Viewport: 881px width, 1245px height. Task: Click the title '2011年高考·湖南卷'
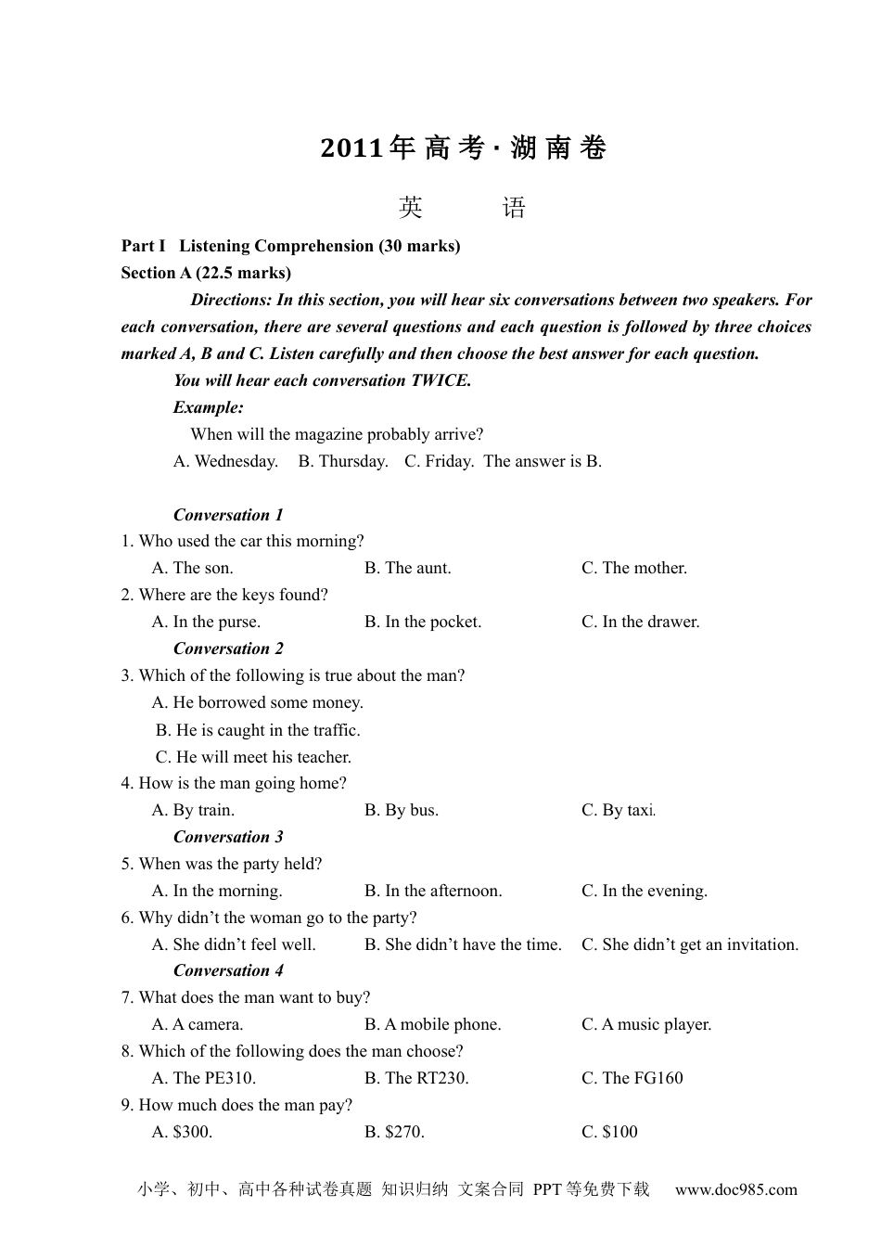(x=463, y=148)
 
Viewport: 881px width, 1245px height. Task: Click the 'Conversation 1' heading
(x=228, y=515)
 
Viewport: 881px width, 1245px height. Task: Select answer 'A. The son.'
(x=193, y=569)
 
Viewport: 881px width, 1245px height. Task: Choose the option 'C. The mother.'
(x=634, y=569)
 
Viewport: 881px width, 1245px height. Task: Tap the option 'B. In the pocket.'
(x=423, y=622)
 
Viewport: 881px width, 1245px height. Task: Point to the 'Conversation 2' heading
(x=228, y=648)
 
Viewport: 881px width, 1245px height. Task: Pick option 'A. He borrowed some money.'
(x=258, y=703)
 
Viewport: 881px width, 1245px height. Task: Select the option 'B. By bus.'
(x=402, y=811)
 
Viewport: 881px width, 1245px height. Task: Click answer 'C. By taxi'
(x=618, y=811)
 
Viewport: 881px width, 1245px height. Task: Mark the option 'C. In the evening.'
(x=645, y=892)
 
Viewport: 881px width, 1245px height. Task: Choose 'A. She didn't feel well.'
(x=234, y=945)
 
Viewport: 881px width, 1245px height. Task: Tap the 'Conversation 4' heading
(x=228, y=971)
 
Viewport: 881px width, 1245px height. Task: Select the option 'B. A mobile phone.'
(x=433, y=1025)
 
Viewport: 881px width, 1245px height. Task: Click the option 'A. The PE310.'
(x=204, y=1079)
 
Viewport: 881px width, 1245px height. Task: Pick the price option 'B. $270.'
(x=395, y=1133)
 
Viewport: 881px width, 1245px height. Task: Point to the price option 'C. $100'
(x=609, y=1133)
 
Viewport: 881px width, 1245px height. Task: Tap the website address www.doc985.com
(x=735, y=1190)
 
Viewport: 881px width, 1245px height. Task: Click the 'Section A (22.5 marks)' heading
(x=206, y=273)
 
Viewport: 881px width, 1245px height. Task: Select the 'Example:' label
(x=209, y=407)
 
